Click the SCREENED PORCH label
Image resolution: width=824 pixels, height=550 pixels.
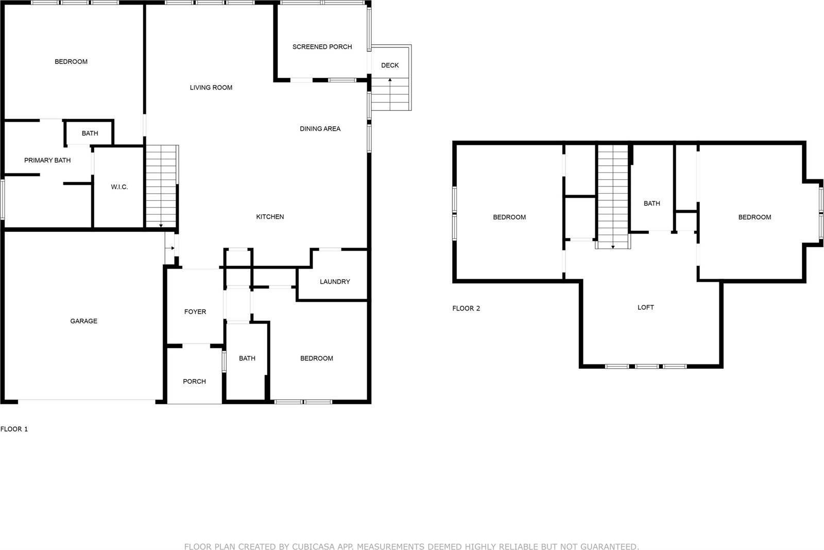(322, 47)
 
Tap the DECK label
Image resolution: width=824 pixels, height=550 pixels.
(390, 65)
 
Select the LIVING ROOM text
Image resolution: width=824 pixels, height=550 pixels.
(211, 88)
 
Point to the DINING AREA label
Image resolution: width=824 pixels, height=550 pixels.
(320, 129)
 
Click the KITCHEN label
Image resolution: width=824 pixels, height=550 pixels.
(270, 217)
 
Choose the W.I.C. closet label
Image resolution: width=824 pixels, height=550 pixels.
(119, 187)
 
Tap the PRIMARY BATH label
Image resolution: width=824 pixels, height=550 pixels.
(47, 160)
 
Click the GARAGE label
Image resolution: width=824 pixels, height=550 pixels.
(84, 321)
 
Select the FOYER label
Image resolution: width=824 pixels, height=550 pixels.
(195, 312)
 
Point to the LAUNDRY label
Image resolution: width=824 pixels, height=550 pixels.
(335, 282)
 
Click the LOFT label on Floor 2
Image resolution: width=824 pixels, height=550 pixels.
(646, 307)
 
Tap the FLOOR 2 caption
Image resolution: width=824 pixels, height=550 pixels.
(466, 308)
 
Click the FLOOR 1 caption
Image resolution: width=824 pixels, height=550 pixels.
(14, 429)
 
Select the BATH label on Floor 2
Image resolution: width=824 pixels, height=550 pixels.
(651, 203)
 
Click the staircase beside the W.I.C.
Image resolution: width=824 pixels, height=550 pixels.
(161, 186)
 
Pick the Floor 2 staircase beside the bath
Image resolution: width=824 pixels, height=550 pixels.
(613, 197)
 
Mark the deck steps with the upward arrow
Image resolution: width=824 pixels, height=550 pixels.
(390, 94)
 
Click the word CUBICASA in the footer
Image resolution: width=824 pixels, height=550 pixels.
(311, 547)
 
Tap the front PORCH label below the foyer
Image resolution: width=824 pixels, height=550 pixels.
(194, 382)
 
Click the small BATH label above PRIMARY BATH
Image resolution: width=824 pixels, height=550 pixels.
(90, 133)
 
